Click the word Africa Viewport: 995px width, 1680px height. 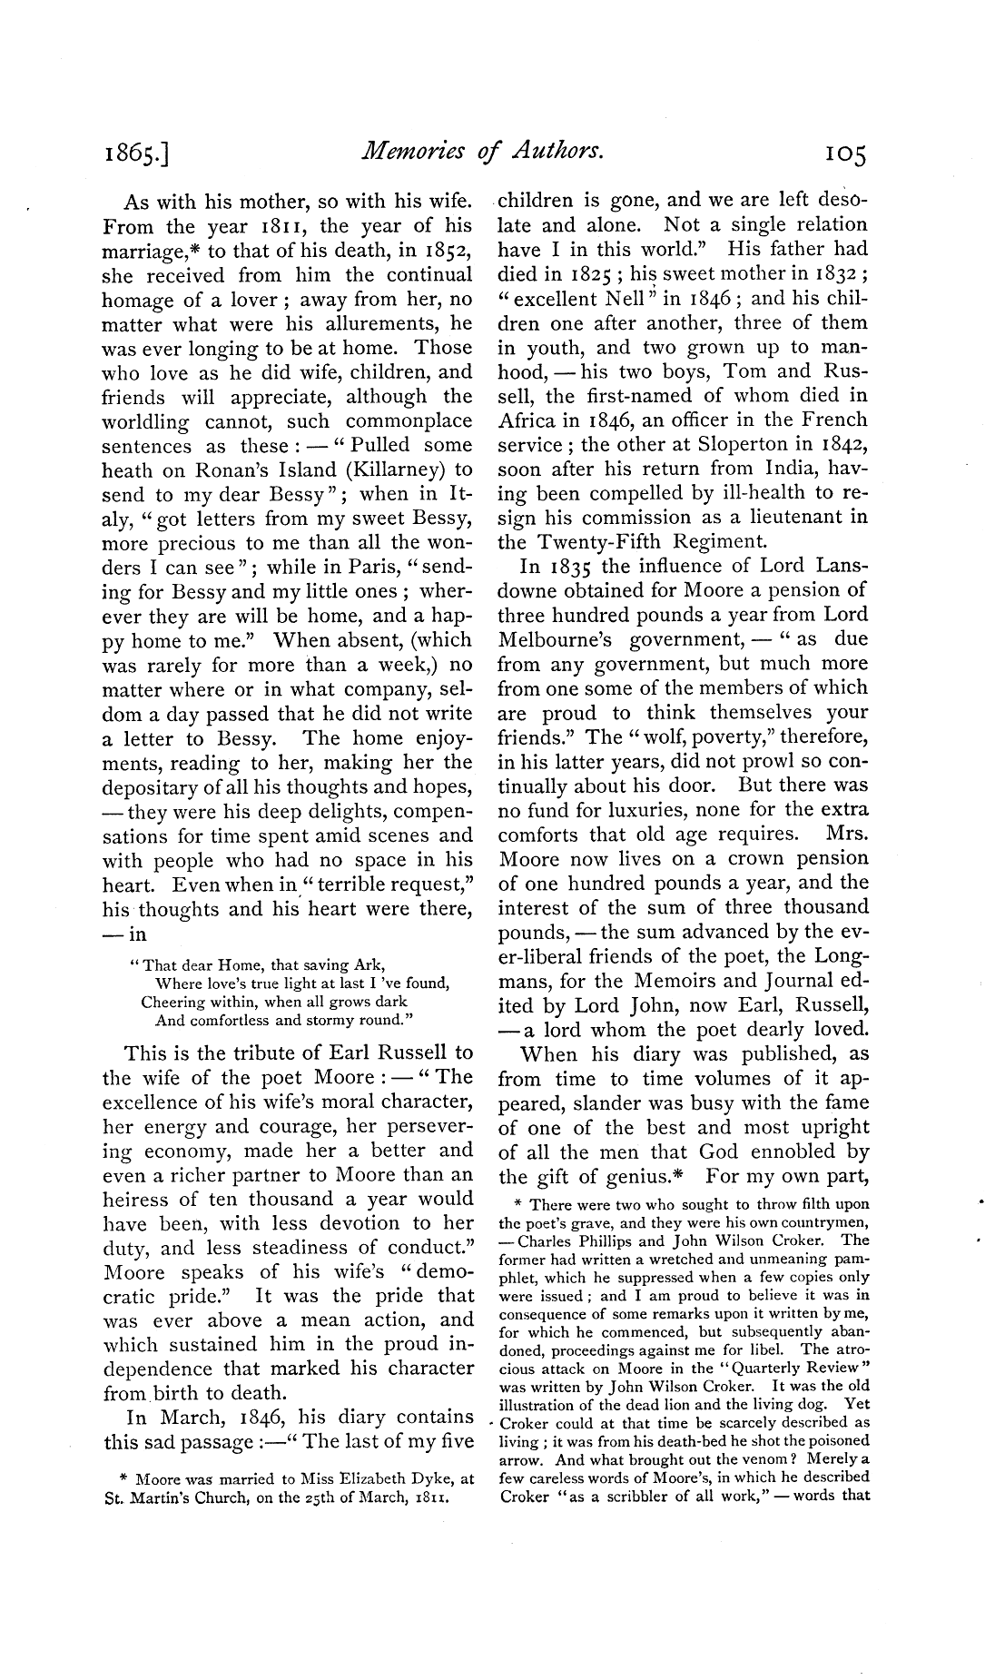[528, 420]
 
